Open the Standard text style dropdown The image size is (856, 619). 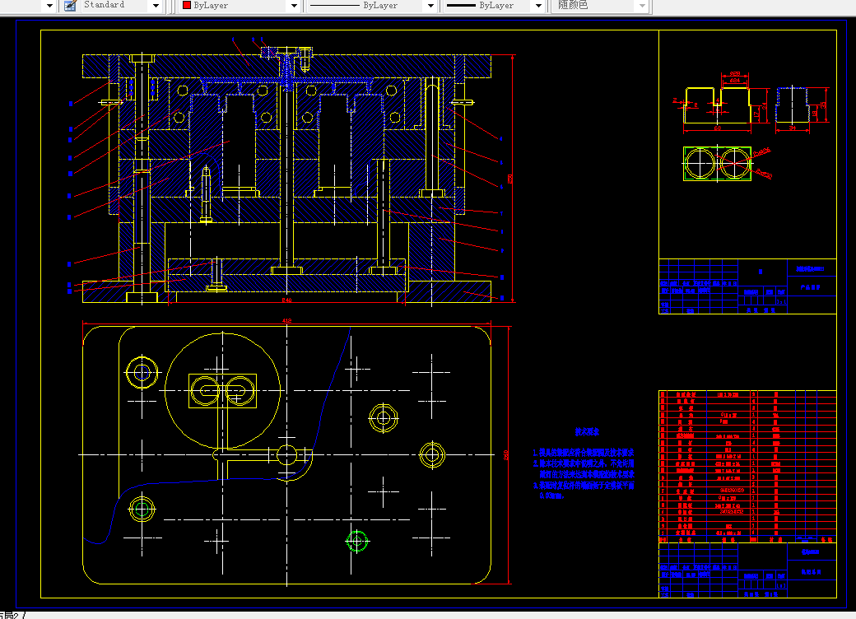156,6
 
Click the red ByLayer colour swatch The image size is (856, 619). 187,6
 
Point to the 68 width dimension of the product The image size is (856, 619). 717,129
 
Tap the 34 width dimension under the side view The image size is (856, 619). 792,129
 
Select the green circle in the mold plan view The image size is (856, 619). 356,541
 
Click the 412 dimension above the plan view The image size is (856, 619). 286,320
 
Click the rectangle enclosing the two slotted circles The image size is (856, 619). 222,391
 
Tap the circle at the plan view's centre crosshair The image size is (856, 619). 286,454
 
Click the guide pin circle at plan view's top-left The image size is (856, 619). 142,373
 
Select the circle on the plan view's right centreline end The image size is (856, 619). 431,454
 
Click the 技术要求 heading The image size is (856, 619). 588,431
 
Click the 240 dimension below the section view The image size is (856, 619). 286,300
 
